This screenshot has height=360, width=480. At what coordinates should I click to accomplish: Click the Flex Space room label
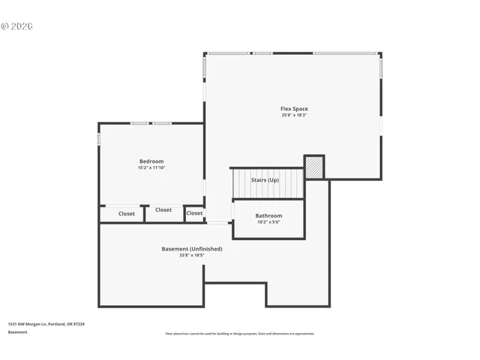click(x=294, y=109)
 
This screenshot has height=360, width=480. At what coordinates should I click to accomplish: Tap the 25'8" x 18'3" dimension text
click(x=294, y=115)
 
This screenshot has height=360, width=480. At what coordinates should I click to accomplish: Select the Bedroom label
click(x=151, y=161)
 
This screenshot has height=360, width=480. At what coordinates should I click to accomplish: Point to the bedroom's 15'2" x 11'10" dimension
click(x=151, y=168)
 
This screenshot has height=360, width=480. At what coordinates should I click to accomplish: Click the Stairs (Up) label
click(x=265, y=180)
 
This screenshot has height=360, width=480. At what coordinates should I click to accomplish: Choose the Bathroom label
click(x=268, y=216)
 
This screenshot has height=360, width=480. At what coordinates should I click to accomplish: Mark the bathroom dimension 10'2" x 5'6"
click(x=268, y=222)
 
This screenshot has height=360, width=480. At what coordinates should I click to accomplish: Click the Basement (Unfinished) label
click(x=192, y=249)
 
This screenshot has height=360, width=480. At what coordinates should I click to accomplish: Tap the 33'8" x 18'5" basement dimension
click(x=192, y=256)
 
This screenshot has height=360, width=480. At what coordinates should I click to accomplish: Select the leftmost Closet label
click(x=127, y=214)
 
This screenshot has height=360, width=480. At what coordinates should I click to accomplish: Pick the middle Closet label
click(x=163, y=210)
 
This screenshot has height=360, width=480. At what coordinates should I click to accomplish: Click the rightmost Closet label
click(x=194, y=213)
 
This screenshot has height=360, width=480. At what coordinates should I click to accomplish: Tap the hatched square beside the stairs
click(x=314, y=167)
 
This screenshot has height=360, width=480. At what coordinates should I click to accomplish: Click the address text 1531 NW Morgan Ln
click(x=46, y=324)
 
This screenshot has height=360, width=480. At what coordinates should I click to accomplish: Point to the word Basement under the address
click(x=17, y=331)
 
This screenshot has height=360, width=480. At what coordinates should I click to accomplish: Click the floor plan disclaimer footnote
click(x=240, y=334)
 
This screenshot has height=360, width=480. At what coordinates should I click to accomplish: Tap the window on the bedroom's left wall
click(x=99, y=140)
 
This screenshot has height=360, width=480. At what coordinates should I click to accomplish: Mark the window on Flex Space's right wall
click(x=381, y=68)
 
